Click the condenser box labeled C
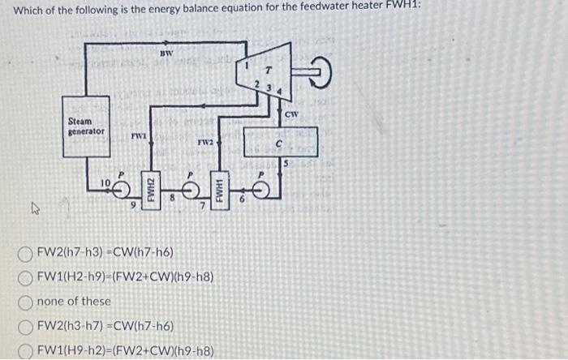[x=278, y=145]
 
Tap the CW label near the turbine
[x=292, y=114]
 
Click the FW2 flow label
[x=205, y=142]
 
